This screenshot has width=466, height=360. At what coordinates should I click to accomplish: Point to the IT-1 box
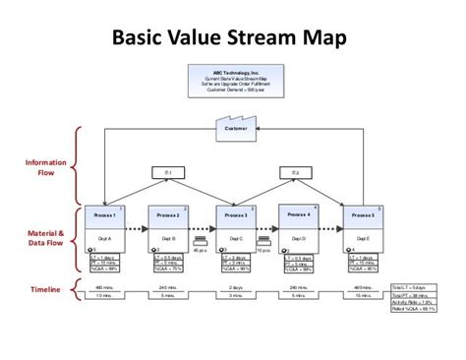pyautogui.click(x=168, y=173)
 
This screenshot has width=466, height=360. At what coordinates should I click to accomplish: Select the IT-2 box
pyautogui.click(x=296, y=173)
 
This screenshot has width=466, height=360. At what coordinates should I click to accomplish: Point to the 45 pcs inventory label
pyautogui.click(x=200, y=250)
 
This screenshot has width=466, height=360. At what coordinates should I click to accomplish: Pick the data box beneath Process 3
pyautogui.click(x=234, y=263)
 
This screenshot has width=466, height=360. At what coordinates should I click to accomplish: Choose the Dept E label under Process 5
pyautogui.click(x=363, y=238)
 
